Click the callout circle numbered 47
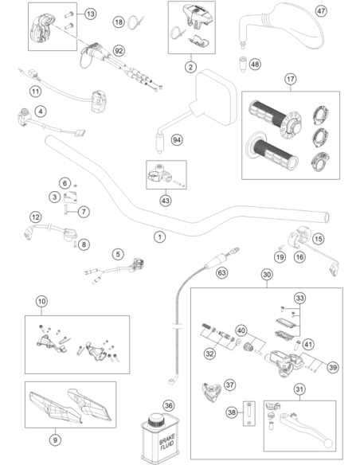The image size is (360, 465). (320, 11)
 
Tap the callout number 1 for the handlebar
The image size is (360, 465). (160, 237)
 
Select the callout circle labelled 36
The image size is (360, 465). (168, 405)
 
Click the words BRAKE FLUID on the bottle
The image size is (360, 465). (167, 442)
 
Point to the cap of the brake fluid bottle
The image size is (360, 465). (156, 420)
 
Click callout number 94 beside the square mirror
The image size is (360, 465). (177, 139)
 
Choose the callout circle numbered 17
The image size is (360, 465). (291, 79)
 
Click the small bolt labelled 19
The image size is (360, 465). (280, 247)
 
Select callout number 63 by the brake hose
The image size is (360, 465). (221, 272)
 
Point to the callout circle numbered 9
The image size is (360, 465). (55, 440)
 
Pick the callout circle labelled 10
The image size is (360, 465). (41, 301)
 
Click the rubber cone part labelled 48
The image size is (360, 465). (243, 64)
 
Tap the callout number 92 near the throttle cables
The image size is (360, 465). (119, 51)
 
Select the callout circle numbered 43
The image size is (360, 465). (165, 201)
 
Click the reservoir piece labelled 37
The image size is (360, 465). (212, 393)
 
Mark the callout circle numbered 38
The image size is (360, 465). (232, 412)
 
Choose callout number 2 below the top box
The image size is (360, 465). (190, 67)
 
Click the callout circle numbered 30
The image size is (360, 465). (267, 275)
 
